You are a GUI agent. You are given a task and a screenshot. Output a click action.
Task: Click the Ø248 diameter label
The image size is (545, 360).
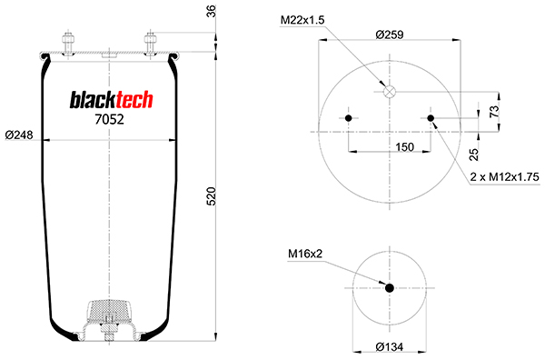pos(19,135)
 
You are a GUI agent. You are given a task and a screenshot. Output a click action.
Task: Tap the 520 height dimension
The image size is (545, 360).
pos(212,196)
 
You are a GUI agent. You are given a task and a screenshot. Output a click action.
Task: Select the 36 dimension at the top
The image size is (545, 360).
pos(212,11)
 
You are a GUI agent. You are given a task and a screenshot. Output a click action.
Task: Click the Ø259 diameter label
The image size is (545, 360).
pos(390,35)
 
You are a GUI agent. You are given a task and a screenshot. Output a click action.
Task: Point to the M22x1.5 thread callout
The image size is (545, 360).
pos(302,20)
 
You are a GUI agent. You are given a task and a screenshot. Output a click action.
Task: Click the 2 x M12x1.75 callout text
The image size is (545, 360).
pos(505,177)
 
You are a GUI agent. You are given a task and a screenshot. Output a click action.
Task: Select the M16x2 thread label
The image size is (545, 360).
pos(305,254)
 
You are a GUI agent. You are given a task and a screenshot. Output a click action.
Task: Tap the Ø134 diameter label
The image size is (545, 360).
pos(390,346)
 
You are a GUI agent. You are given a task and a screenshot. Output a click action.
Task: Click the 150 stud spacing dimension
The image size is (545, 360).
pos(405,146)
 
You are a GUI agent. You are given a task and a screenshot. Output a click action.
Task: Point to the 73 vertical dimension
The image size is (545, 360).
pos(494,111)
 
